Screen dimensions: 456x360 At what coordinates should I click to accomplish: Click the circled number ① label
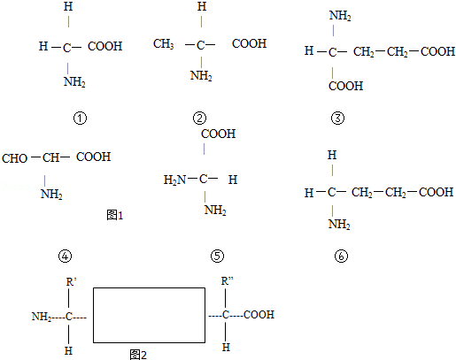pyautogui.click(x=80, y=119)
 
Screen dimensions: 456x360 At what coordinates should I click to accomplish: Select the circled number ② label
pyautogui.click(x=199, y=119)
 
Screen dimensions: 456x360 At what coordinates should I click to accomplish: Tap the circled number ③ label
pyautogui.click(x=337, y=119)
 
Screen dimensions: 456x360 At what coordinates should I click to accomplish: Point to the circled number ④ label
pyautogui.click(x=66, y=256)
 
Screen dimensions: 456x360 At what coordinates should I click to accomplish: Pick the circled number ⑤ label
pyautogui.click(x=217, y=256)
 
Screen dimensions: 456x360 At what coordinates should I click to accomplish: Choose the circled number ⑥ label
pyautogui.click(x=341, y=256)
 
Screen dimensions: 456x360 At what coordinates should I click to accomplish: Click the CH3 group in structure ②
pyautogui.click(x=164, y=44)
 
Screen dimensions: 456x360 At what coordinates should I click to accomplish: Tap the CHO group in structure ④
pyautogui.click(x=15, y=158)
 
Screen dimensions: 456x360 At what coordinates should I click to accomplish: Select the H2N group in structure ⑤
pyautogui.click(x=175, y=180)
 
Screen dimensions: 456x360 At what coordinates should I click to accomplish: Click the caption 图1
pyautogui.click(x=115, y=215)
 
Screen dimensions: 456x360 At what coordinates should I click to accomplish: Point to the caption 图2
pyautogui.click(x=138, y=355)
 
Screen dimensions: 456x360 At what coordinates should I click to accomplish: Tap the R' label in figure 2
pyautogui.click(x=71, y=282)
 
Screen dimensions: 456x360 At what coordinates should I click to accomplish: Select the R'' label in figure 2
pyautogui.click(x=227, y=281)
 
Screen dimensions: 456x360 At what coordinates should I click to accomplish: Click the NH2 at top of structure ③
pyautogui.click(x=340, y=16)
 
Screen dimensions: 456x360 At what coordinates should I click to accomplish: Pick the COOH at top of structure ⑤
pyautogui.click(x=219, y=134)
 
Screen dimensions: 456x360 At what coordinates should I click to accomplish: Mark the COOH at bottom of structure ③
pyautogui.click(x=345, y=86)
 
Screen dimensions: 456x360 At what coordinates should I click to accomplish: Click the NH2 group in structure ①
pyautogui.click(x=74, y=81)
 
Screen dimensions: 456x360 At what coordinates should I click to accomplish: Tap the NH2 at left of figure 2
pyautogui.click(x=42, y=317)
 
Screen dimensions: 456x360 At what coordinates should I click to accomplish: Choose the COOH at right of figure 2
pyautogui.click(x=259, y=315)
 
